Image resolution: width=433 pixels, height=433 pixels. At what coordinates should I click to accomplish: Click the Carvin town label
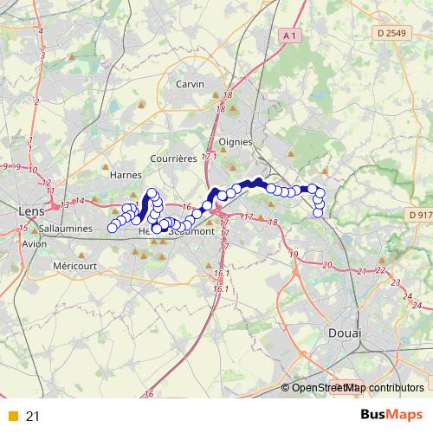point(189,84)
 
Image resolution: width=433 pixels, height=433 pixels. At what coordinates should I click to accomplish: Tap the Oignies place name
point(236,141)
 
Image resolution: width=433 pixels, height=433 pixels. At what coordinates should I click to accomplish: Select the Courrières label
point(174,159)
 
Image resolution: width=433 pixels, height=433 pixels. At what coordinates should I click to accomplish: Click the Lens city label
point(31,210)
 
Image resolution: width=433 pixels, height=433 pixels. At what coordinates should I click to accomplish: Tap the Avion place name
point(36,243)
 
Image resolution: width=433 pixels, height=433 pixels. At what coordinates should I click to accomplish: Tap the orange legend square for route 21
point(12,417)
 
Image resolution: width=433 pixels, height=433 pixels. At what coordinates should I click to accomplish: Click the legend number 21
point(33,417)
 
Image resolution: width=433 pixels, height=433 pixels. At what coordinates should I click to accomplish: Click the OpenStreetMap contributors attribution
point(357,388)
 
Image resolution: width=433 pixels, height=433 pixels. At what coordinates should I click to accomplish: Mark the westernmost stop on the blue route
point(112,229)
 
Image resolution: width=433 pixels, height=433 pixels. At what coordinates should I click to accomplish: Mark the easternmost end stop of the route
point(318,212)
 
